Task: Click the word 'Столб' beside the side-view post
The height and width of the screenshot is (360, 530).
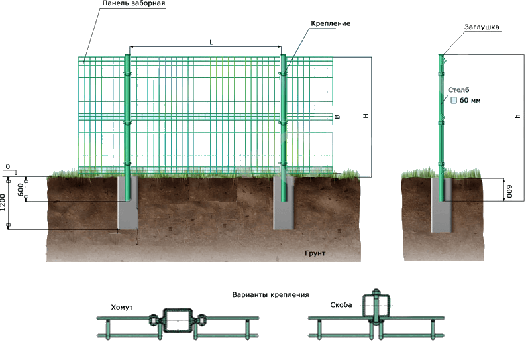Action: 458,89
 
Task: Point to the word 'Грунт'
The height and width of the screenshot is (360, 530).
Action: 317,253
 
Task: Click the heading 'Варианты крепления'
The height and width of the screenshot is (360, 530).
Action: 270,294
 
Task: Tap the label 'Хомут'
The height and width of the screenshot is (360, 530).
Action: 122,308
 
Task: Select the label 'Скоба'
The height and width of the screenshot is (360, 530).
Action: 341,306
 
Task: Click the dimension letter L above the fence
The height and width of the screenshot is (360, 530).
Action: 210,43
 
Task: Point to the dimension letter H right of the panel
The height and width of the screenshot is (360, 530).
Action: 365,116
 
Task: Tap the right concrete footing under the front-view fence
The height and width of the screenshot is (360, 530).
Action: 285,206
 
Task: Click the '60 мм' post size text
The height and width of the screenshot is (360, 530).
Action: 469,101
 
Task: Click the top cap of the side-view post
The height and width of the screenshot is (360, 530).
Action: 441,55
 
